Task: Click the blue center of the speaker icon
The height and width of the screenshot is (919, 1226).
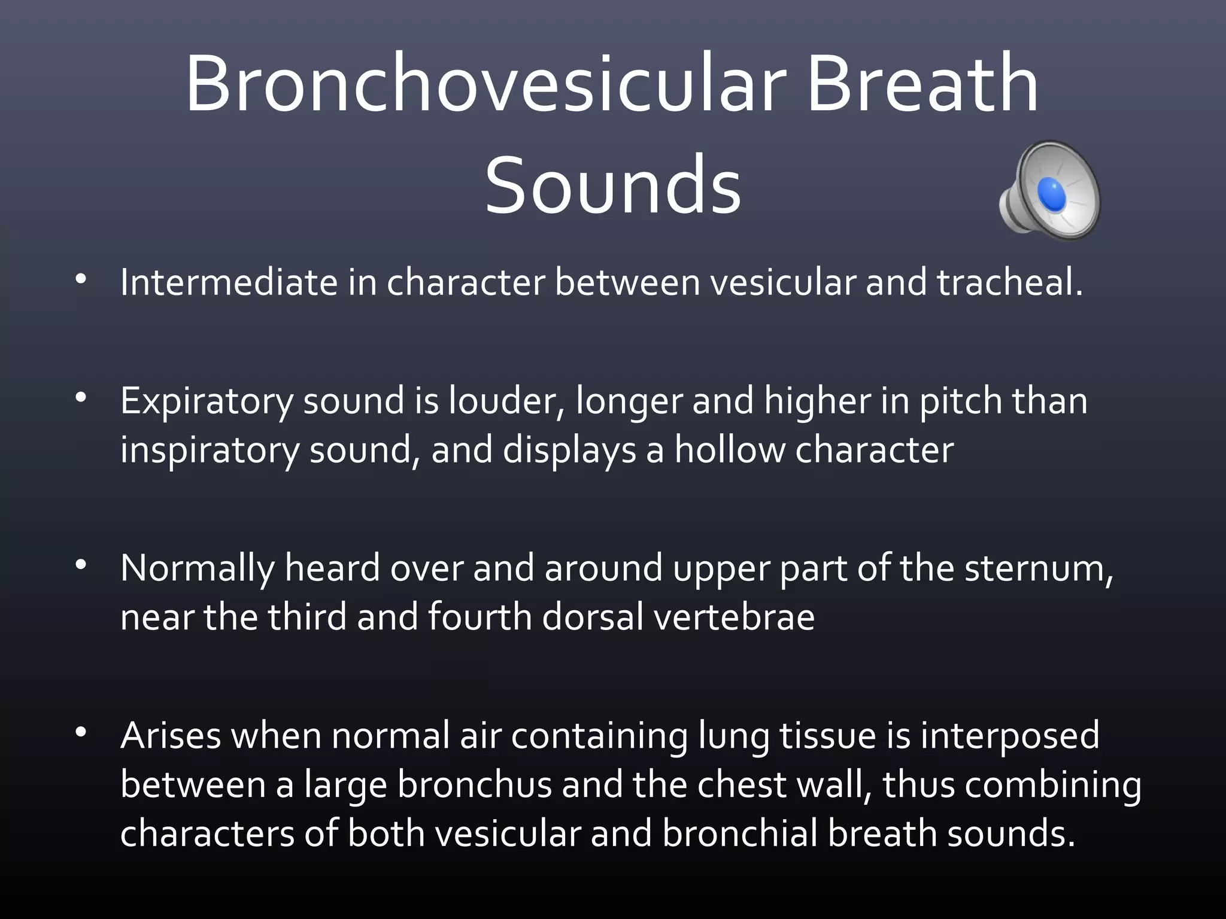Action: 1051,194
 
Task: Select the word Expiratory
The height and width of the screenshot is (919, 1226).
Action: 207,400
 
